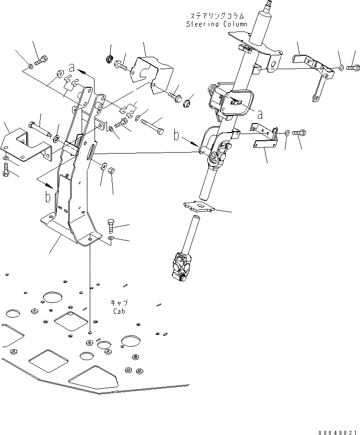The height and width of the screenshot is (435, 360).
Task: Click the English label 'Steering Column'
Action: (217, 24)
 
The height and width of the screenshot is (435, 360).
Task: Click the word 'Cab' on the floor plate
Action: (119, 311)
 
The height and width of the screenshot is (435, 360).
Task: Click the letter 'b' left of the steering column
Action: (177, 136)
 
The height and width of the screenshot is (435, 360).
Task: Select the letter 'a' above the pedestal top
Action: (71, 66)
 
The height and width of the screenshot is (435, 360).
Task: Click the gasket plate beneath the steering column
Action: (200, 206)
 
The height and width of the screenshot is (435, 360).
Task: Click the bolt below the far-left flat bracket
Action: (6, 170)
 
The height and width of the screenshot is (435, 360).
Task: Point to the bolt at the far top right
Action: (353, 69)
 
